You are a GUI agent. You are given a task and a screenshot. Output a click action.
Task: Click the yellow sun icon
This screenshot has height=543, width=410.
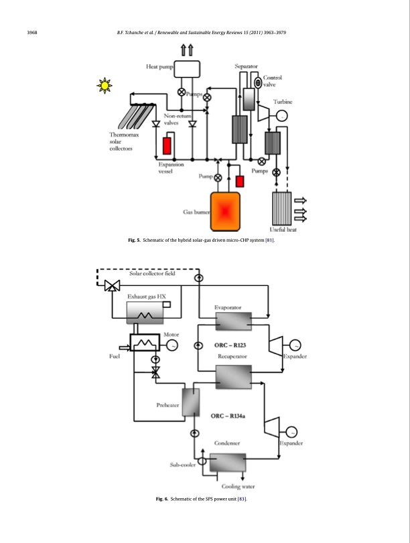click(x=105, y=86)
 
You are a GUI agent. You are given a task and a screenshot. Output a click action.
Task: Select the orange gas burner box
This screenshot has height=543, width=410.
click(x=225, y=212)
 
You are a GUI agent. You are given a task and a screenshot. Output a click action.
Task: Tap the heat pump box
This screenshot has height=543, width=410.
click(x=187, y=69)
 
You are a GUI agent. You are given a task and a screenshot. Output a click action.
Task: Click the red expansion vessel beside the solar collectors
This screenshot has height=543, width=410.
click(x=167, y=146)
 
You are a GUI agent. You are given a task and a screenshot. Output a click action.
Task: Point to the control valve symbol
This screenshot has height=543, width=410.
click(x=258, y=83)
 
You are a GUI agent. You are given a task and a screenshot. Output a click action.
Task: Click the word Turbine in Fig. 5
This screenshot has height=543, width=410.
click(x=283, y=102)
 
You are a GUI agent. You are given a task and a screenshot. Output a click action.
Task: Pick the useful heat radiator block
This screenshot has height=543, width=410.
click(x=282, y=208)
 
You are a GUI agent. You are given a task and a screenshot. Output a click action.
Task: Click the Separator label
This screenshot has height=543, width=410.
click(x=246, y=66)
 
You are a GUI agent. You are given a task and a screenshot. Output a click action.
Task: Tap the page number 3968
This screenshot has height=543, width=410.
click(x=32, y=33)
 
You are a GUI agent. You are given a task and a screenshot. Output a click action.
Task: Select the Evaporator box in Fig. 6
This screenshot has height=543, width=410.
click(x=234, y=321)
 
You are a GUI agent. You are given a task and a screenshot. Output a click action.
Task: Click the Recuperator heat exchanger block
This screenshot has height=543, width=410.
click(x=234, y=377)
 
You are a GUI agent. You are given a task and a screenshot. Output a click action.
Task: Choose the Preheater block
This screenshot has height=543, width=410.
click(x=191, y=402)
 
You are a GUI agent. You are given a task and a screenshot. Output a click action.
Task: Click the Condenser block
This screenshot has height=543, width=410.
click(x=228, y=462)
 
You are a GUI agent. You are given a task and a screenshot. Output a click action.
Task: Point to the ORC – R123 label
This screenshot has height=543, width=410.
click(x=230, y=345)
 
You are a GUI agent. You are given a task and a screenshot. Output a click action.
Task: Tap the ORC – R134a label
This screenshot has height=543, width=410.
click(x=228, y=416)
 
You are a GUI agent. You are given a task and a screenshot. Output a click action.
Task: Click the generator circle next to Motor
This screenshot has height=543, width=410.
click(x=172, y=345)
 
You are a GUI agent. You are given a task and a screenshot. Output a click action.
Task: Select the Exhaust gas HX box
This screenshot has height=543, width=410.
click(x=145, y=313)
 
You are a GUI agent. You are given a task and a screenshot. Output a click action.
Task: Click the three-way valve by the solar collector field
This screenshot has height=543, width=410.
click(x=113, y=286)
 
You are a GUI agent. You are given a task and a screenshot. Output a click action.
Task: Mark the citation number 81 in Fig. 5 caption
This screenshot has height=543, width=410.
click(x=269, y=240)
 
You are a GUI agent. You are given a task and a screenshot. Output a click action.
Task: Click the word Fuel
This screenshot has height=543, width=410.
click(x=115, y=356)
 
